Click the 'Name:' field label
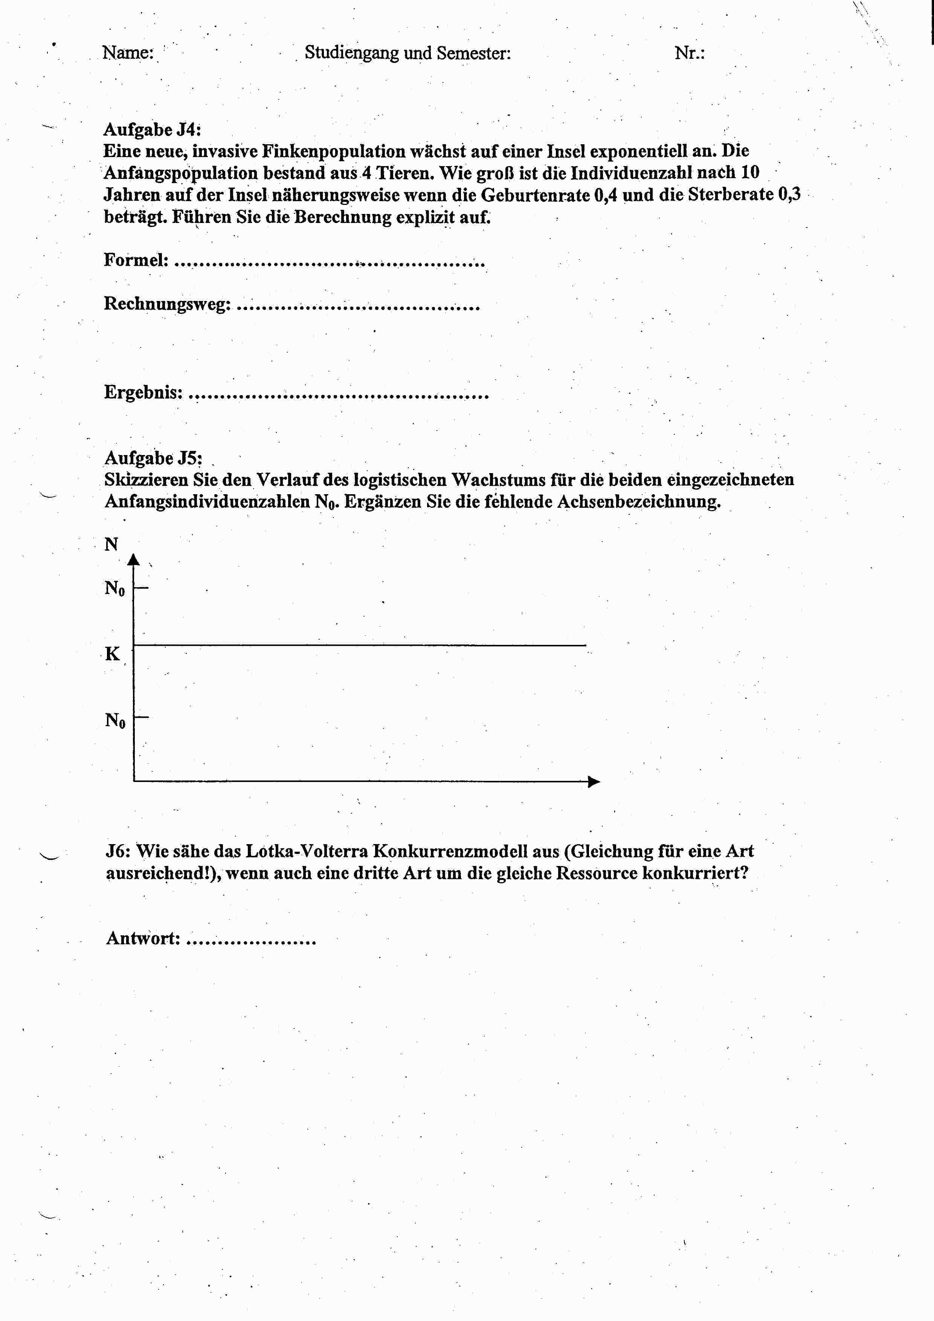click(x=128, y=53)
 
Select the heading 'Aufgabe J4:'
click(x=152, y=130)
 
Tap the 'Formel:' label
click(x=136, y=260)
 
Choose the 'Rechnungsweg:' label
click(x=167, y=303)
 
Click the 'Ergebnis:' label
click(x=143, y=392)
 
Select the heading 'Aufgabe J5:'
click(x=153, y=458)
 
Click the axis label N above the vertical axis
click(x=111, y=544)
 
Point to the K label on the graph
click(x=112, y=654)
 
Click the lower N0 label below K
click(x=114, y=720)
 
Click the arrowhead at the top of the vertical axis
click(x=133, y=559)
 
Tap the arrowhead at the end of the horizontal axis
click(x=594, y=781)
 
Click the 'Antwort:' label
click(x=143, y=938)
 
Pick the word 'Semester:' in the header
click(x=473, y=53)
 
